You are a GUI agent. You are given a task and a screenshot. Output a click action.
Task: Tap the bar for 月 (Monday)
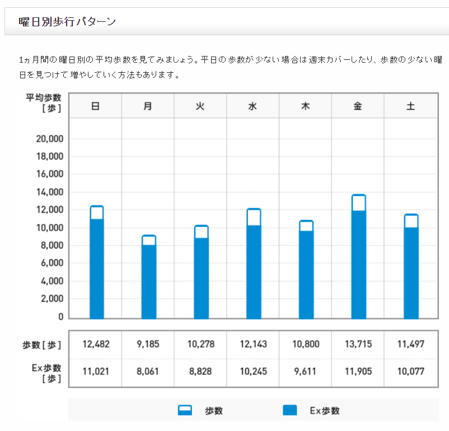[x=148, y=280]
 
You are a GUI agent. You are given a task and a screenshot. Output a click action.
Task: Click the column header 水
[x=252, y=106]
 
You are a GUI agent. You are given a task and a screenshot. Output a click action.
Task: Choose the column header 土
[x=410, y=106]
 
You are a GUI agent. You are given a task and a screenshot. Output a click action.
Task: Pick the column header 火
[x=200, y=106]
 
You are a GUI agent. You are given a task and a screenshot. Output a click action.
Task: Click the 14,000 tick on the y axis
[x=49, y=192]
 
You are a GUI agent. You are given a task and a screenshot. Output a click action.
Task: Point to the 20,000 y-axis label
[x=49, y=139]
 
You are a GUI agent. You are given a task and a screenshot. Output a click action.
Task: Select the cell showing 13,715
[x=358, y=344]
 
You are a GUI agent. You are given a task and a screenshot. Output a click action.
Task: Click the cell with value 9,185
[x=148, y=344]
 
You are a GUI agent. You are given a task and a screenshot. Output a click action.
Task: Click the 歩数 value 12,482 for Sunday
[x=96, y=344]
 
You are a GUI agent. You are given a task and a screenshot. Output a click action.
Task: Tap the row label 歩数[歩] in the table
[x=44, y=345]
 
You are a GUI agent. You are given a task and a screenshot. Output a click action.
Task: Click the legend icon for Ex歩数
[x=289, y=410]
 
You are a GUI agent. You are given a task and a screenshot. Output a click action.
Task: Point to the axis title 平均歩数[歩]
[x=44, y=103]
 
